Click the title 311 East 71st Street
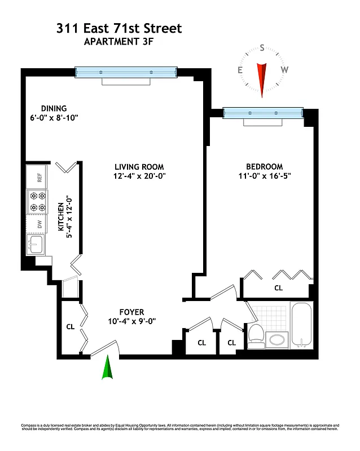tap(119, 28)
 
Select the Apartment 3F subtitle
tap(119, 41)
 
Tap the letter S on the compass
tap(262, 48)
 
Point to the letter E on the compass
tap(240, 70)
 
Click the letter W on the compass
tap(284, 70)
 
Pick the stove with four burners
tap(38, 202)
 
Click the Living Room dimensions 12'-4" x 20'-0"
tap(139, 176)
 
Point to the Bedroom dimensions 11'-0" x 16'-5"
tap(264, 176)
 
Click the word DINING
tap(54, 108)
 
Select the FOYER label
tap(131, 312)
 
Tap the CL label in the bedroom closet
tap(278, 288)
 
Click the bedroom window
tap(263, 113)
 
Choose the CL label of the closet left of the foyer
tap(71, 326)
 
